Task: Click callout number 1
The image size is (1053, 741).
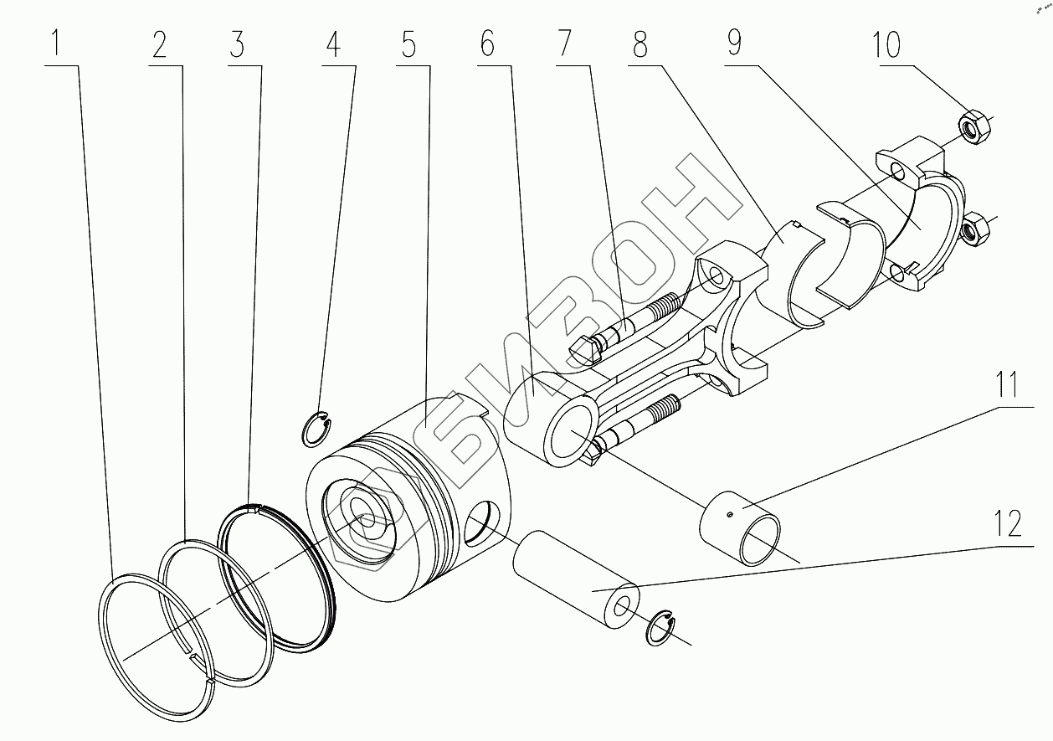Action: [56, 43]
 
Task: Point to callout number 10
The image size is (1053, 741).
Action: [886, 44]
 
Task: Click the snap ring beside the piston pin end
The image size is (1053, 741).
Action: [660, 633]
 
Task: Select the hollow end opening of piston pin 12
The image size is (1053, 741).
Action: [623, 608]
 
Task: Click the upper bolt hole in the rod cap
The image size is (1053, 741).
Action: [896, 172]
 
